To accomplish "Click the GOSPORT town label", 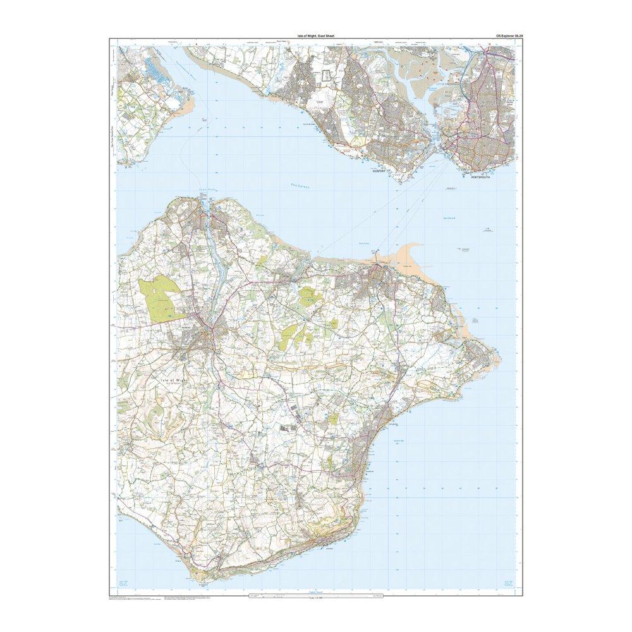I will [379, 171].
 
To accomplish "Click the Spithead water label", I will [451, 218].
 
